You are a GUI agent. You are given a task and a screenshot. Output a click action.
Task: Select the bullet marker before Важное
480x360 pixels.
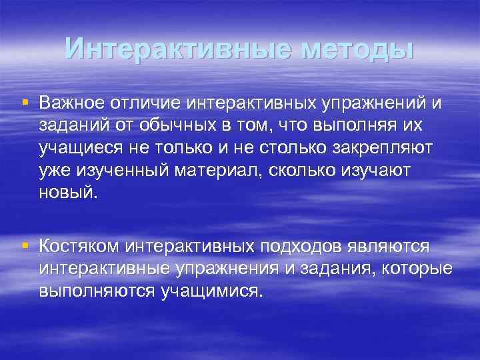pyautogui.click(x=25, y=102)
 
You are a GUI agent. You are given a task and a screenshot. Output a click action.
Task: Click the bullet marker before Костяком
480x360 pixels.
pyautogui.click(x=25, y=246)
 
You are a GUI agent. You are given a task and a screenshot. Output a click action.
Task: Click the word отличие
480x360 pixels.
pyautogui.click(x=145, y=103)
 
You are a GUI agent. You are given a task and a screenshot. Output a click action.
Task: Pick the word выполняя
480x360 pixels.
pyautogui.click(x=343, y=126)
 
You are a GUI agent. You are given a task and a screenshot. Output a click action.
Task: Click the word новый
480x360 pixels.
pyautogui.click(x=67, y=193)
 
